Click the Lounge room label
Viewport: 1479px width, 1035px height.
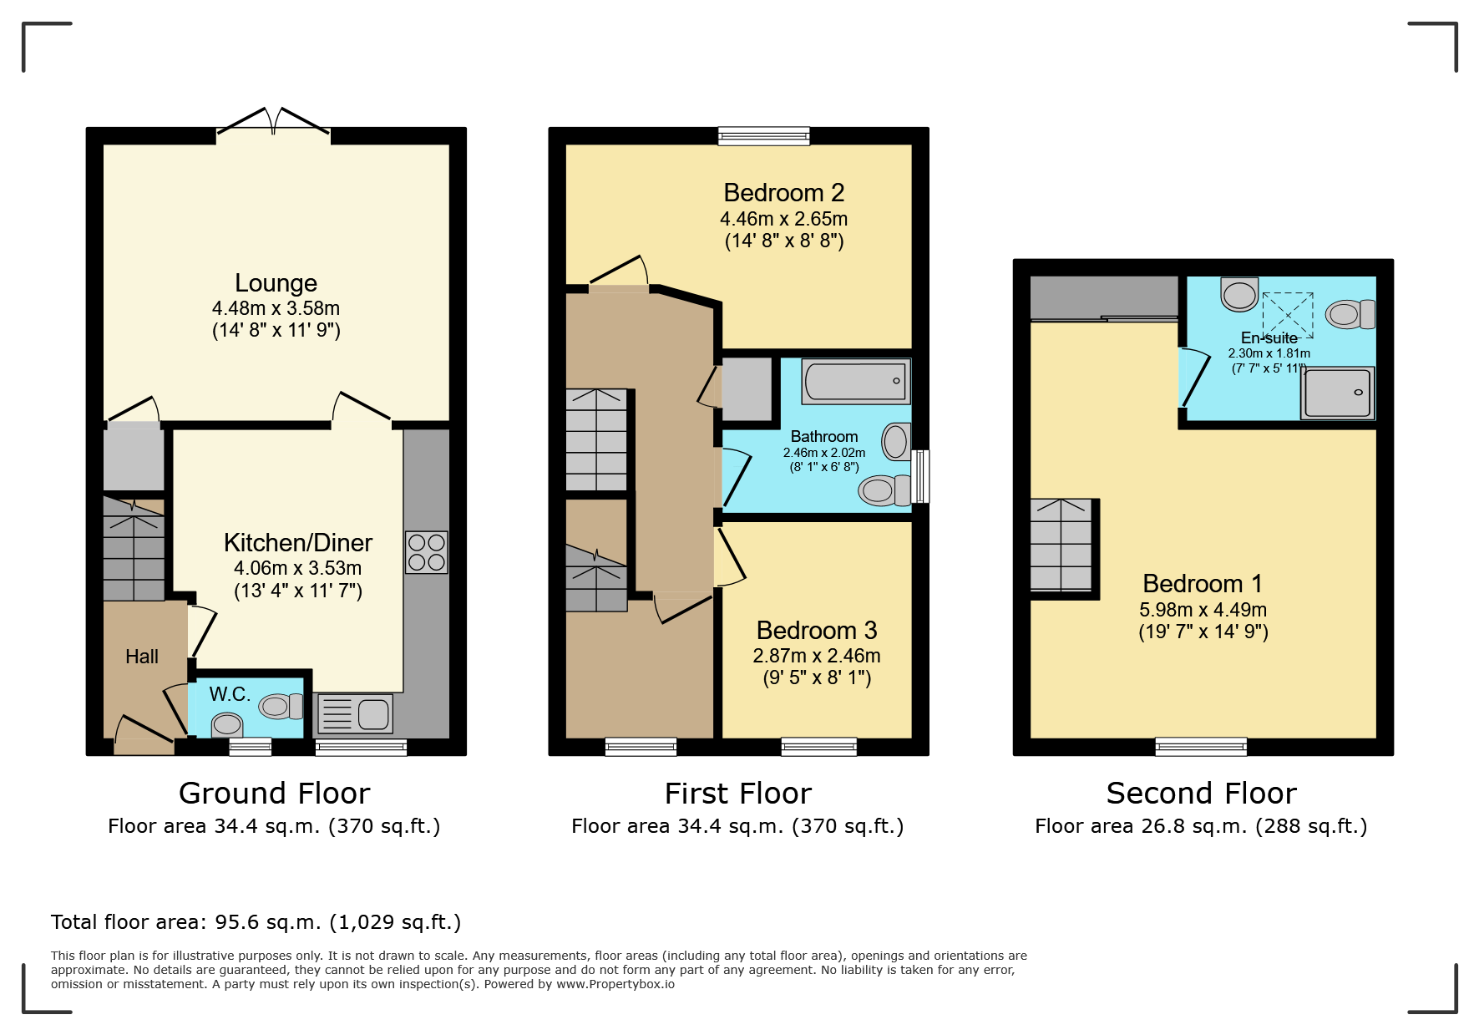click(276, 283)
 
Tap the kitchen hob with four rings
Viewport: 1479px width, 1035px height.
click(427, 552)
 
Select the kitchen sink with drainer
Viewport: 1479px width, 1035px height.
click(355, 714)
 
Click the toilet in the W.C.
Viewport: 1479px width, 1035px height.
click(281, 707)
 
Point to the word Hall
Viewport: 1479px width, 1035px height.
click(142, 657)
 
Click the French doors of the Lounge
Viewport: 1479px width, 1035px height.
click(273, 122)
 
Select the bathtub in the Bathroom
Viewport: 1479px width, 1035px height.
click(856, 381)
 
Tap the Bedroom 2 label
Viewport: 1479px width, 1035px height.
click(784, 193)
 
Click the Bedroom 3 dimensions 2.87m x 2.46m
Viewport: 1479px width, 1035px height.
click(817, 656)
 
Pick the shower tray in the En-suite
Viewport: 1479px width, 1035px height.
click(1338, 393)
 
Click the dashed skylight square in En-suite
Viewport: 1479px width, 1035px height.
click(1288, 315)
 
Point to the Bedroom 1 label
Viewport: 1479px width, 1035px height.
click(1203, 583)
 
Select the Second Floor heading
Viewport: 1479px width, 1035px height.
click(1201, 793)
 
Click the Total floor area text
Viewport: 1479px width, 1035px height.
click(256, 922)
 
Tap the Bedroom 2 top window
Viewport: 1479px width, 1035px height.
click(764, 136)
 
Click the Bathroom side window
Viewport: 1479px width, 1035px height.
click(920, 476)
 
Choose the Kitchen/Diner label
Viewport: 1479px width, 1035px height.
click(298, 543)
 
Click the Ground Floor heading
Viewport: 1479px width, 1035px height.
click(274, 793)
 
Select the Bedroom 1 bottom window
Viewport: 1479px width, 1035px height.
click(1201, 747)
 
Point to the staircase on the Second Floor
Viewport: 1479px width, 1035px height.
click(1061, 545)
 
